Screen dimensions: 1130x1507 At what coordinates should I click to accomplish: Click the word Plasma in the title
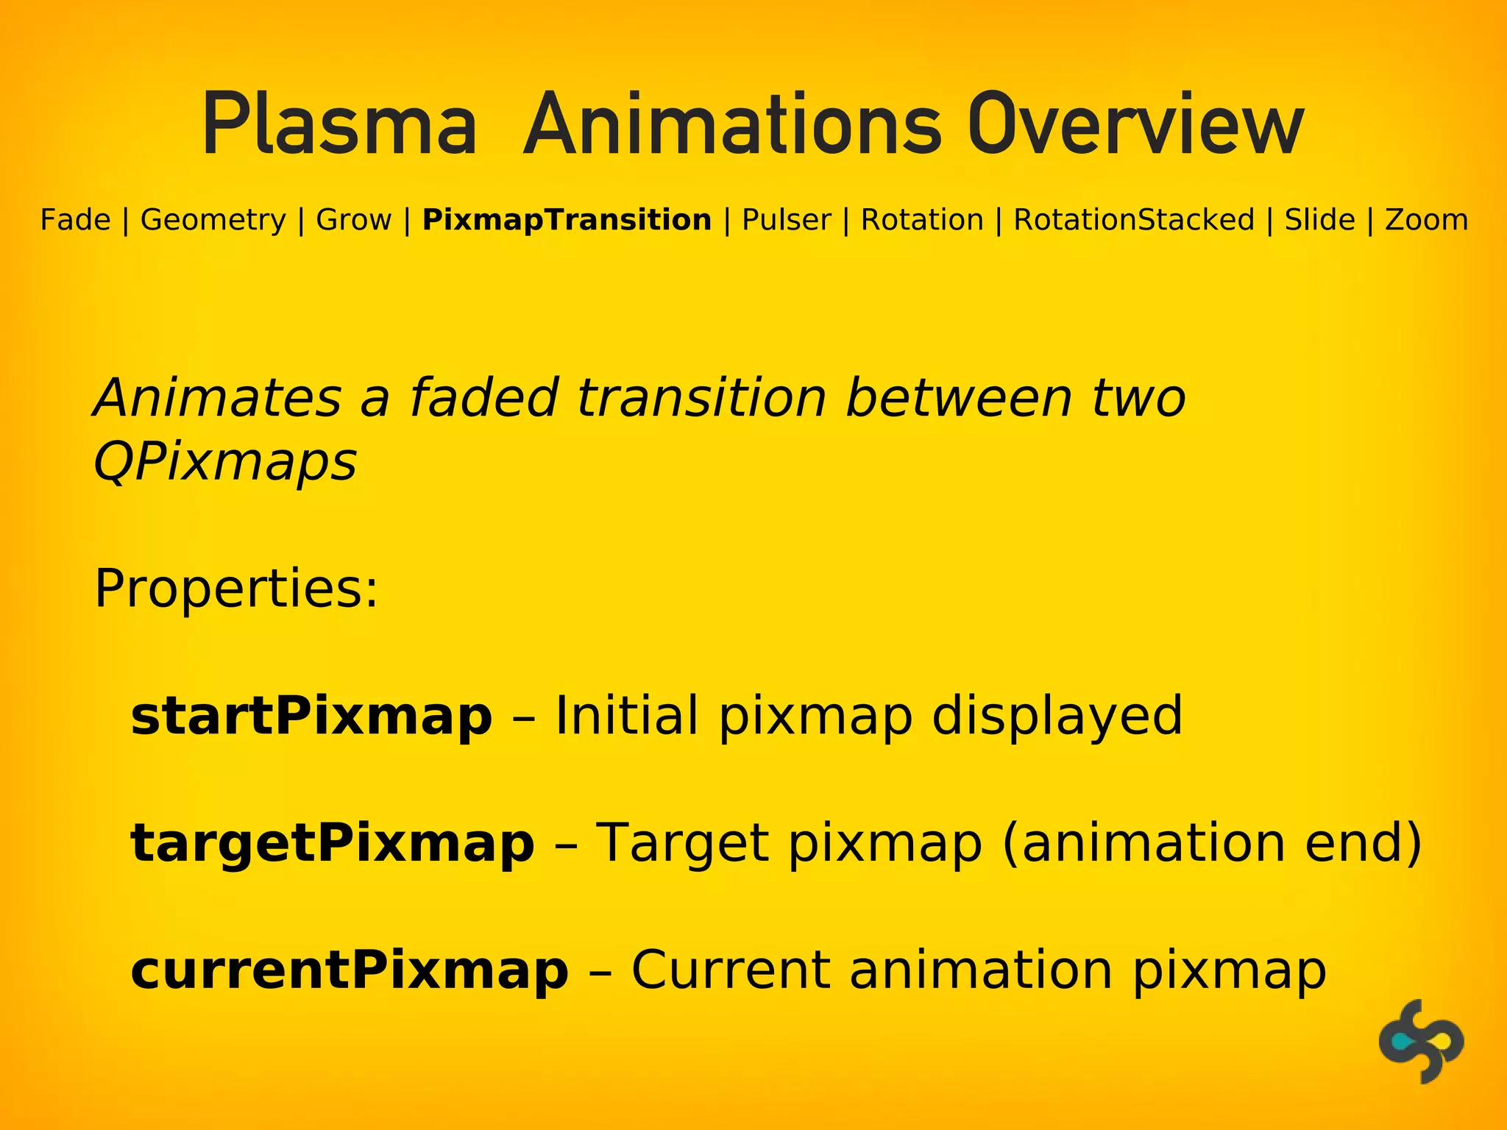339,126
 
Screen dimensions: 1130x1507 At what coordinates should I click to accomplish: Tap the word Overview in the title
1135,126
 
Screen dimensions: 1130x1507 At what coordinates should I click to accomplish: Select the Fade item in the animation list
75,220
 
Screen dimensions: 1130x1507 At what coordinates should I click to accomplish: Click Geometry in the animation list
213,220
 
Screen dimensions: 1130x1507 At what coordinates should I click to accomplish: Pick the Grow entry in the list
353,220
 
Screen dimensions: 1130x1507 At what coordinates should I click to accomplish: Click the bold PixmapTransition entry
567,220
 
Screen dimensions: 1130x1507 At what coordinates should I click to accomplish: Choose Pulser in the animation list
786,220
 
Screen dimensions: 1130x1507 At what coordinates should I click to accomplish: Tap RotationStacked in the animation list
1134,220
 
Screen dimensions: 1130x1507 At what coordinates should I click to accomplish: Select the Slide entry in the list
1319,220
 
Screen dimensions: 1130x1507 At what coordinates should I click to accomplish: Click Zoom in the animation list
1426,220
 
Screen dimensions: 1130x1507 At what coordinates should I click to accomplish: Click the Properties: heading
236,589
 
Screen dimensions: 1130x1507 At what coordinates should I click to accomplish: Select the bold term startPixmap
311,716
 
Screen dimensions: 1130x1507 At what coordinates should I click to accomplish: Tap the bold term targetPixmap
332,843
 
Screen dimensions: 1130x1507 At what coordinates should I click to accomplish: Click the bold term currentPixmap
350,970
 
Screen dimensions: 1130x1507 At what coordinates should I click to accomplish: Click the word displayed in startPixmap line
1057,716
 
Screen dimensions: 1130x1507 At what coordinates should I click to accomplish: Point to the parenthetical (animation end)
1212,843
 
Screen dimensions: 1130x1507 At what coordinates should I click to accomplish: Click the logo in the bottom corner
1421,1041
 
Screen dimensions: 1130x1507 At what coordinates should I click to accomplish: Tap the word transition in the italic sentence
701,398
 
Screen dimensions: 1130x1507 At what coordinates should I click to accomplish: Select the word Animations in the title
731,126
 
